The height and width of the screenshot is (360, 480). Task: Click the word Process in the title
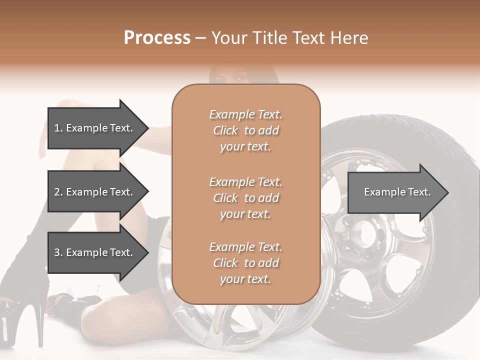click(x=157, y=38)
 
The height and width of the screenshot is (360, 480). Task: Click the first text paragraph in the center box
click(x=245, y=130)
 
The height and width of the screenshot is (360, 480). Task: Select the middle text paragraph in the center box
click(x=245, y=197)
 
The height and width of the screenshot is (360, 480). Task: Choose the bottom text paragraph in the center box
click(x=245, y=263)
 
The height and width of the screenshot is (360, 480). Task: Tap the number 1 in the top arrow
click(x=57, y=128)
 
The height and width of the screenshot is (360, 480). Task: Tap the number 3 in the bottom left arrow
click(x=57, y=252)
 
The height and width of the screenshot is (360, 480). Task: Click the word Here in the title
click(x=350, y=38)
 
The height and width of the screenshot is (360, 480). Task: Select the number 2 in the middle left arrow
click(x=57, y=192)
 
